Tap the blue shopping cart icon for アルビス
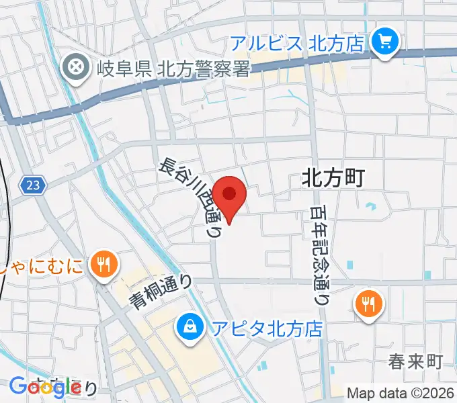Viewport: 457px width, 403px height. pos(384,43)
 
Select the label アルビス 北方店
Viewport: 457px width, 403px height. pos(298,44)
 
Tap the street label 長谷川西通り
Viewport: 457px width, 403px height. pos(191,199)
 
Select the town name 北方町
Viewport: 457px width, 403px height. pos(333,177)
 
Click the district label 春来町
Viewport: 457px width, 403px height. pos(415,362)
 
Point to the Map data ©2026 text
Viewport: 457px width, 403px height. pos(401,393)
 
